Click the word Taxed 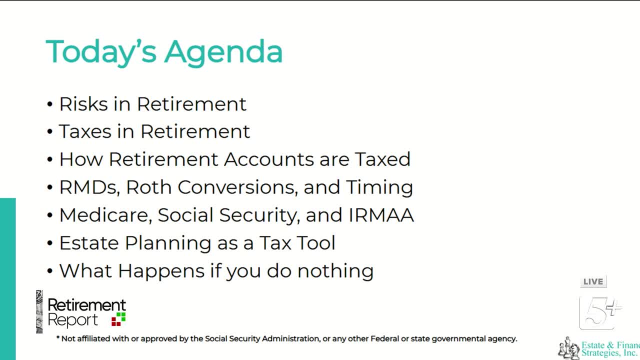click(x=382, y=159)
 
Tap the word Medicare click(x=105, y=215)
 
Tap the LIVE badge click(x=593, y=282)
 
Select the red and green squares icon click(x=118, y=319)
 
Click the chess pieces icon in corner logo click(x=568, y=348)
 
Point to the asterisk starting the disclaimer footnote click(x=58, y=338)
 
